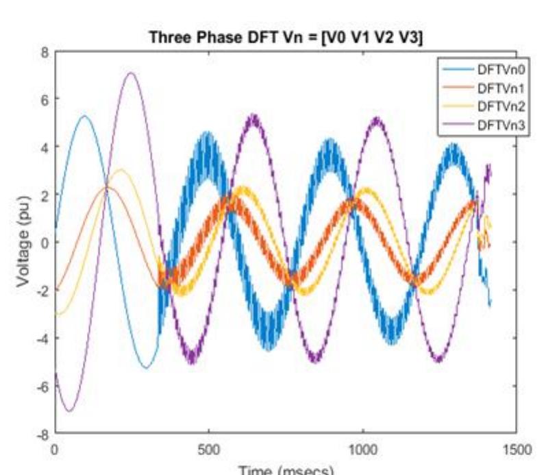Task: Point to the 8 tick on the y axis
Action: click(43, 52)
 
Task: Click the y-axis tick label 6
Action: click(43, 99)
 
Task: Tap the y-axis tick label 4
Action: click(43, 147)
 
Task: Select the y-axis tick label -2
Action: click(41, 291)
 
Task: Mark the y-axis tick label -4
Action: click(41, 339)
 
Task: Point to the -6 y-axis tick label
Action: click(41, 386)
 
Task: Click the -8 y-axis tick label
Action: click(41, 434)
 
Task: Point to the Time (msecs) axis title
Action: click(285, 470)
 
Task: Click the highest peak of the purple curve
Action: click(130, 73)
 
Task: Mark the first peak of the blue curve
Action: click(84, 117)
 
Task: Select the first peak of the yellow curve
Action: click(121, 170)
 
